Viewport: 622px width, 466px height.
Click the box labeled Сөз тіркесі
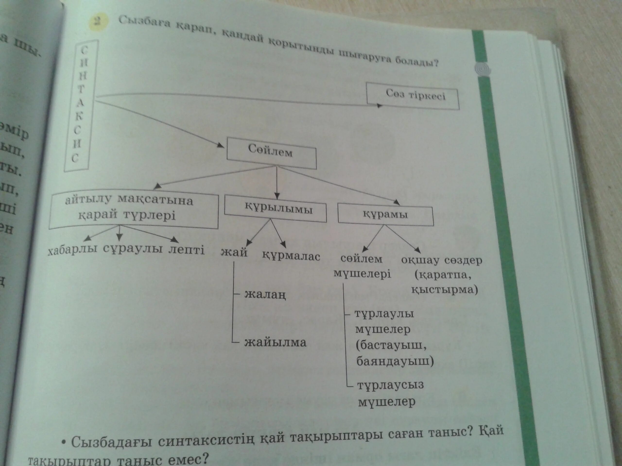[413, 96]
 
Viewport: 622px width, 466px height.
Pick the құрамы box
[385, 216]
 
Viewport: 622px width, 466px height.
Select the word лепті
[186, 250]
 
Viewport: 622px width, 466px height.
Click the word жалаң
[265, 295]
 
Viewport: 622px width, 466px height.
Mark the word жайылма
[275, 343]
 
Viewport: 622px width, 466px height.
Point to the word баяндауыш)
[395, 361]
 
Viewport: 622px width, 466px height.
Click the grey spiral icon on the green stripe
[483, 69]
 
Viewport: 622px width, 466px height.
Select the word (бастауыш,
[391, 346]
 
